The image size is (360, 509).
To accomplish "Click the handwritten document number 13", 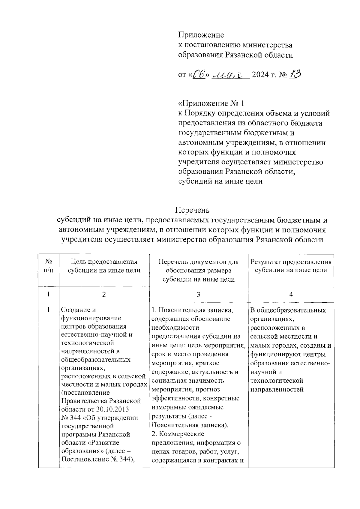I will tap(295, 75).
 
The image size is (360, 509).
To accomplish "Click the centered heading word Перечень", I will tap(192, 210).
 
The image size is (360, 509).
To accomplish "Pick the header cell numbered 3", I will tap(198, 295).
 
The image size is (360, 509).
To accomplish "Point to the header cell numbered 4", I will tap(291, 295).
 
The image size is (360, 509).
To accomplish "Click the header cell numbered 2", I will tap(104, 295).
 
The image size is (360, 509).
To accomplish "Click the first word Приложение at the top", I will tap(201, 35).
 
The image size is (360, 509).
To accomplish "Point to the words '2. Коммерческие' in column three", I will tap(178, 434).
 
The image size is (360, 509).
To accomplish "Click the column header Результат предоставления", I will tap(291, 262).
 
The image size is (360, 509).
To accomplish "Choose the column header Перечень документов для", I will tap(198, 262).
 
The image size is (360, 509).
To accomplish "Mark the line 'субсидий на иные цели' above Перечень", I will tap(220, 181).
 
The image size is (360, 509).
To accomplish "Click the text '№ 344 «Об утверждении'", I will tap(100, 418).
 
